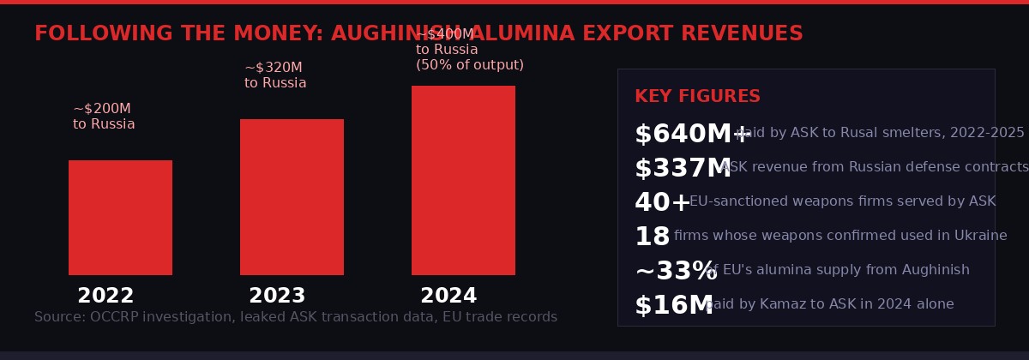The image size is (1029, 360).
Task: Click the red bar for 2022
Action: (120, 218)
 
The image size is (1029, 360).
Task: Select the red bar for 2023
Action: (292, 197)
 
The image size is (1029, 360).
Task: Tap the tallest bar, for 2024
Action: (463, 180)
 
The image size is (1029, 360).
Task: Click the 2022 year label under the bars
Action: (105, 297)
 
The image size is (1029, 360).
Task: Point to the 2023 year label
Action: (277, 297)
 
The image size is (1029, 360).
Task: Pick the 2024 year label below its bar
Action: (448, 297)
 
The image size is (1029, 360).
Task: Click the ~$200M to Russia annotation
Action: (104, 117)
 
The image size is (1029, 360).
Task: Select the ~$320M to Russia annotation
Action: (275, 75)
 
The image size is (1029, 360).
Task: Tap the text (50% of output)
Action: (470, 65)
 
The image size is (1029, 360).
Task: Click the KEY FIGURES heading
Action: (697, 97)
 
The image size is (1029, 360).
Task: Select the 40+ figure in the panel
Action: (662, 203)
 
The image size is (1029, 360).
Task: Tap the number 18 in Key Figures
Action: (652, 237)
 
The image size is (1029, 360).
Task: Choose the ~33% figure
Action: (675, 272)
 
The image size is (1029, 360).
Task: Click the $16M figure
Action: (673, 306)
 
